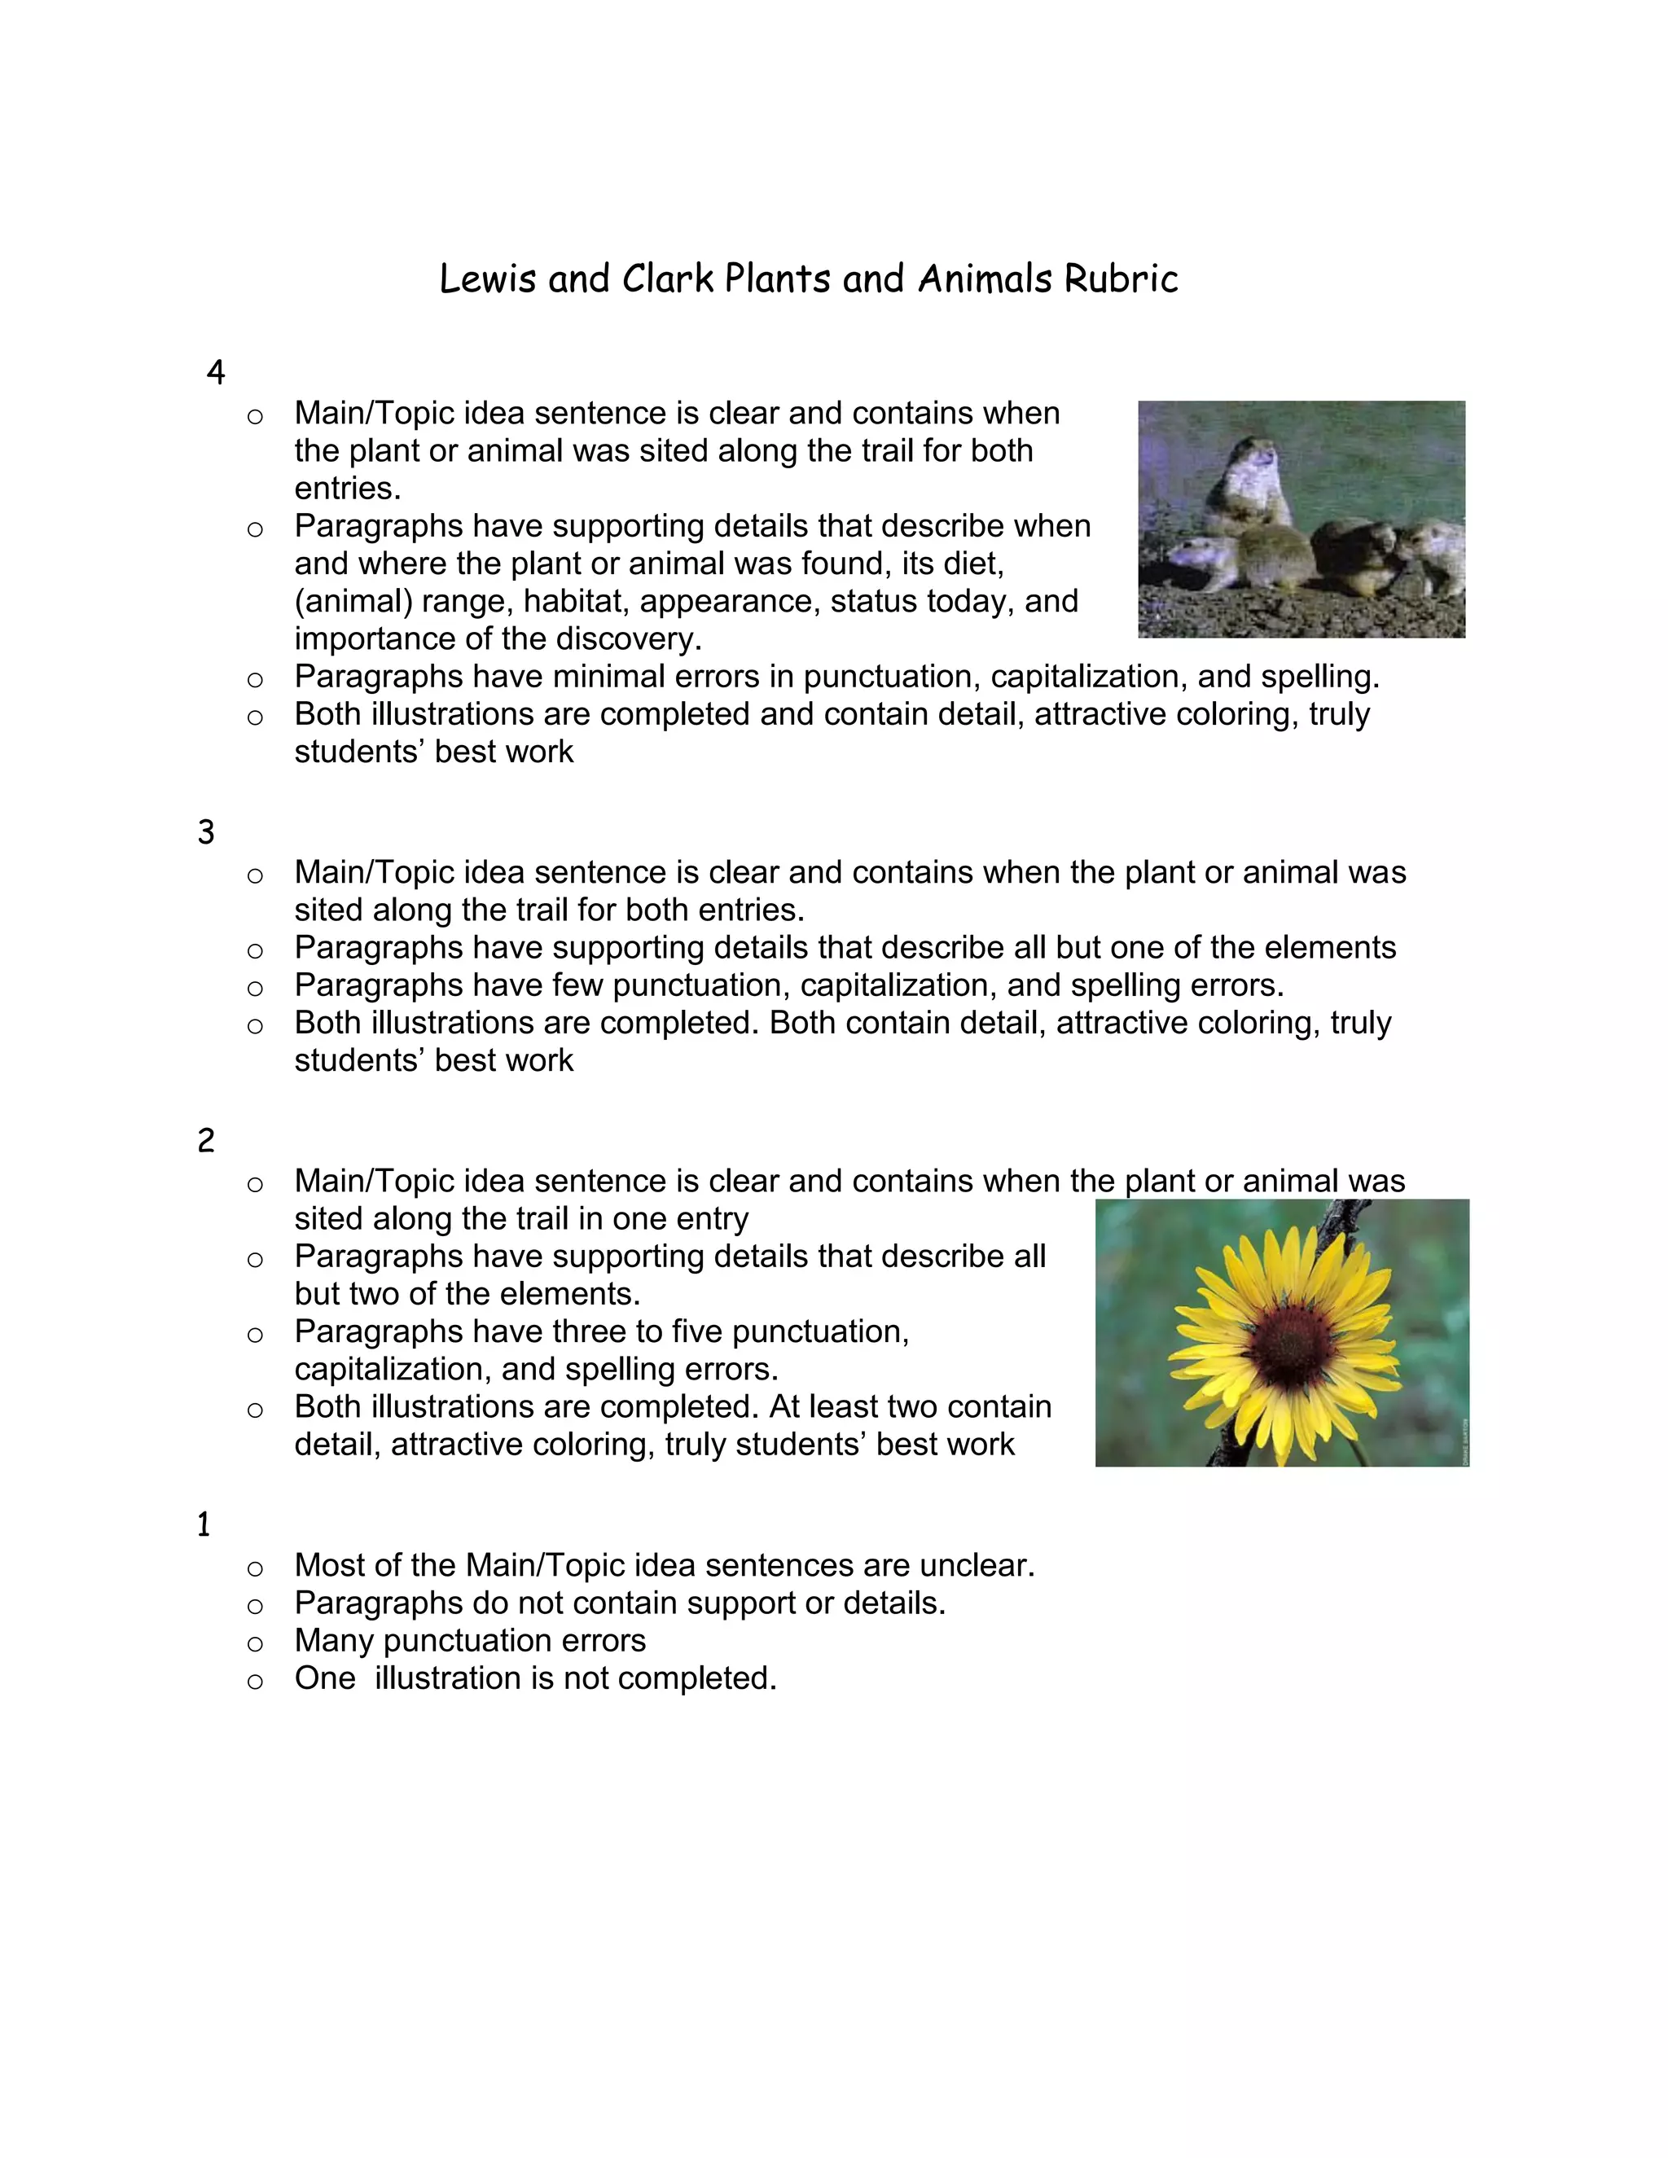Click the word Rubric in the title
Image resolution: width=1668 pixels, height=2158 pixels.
tap(1121, 279)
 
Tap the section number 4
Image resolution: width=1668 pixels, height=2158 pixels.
tap(215, 372)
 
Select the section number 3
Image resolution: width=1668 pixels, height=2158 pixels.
tap(205, 832)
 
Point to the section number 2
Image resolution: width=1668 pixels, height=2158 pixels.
tap(205, 1141)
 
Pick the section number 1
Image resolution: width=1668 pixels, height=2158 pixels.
tap(204, 1524)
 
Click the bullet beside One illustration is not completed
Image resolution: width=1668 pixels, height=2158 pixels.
tap(255, 1681)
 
